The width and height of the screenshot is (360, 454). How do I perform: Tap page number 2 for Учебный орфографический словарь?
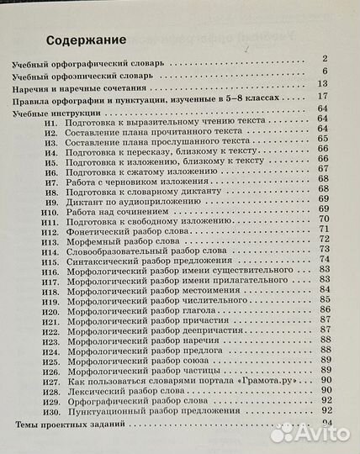click(324, 59)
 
